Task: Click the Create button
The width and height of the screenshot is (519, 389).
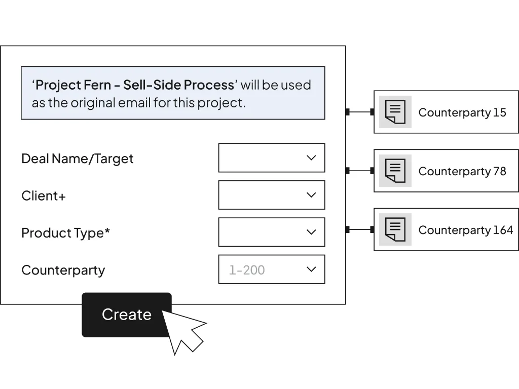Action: click(x=126, y=315)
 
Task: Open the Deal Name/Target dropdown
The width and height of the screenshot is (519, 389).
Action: click(x=272, y=158)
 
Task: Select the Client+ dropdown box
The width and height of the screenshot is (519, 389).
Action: click(x=272, y=195)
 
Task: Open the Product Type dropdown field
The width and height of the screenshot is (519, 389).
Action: click(x=272, y=232)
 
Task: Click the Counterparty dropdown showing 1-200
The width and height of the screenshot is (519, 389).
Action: click(x=272, y=269)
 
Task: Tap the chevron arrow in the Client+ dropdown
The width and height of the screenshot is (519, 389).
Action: click(x=311, y=195)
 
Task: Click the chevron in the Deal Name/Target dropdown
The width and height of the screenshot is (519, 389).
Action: click(x=311, y=158)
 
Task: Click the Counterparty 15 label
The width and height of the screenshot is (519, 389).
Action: click(x=462, y=112)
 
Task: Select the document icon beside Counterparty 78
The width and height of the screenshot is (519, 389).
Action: click(x=395, y=171)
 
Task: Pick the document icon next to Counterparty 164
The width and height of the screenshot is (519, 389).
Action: click(x=395, y=229)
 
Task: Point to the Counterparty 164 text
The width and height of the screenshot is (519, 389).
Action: click(x=466, y=230)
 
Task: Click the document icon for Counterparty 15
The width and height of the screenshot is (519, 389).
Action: click(x=395, y=112)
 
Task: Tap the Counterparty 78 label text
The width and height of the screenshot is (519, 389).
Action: click(x=462, y=171)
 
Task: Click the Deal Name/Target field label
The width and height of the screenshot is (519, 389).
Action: click(x=78, y=159)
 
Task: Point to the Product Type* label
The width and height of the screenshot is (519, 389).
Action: click(x=65, y=233)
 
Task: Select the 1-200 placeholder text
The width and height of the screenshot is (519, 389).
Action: click(x=247, y=270)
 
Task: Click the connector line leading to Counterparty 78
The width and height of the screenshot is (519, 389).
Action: click(x=360, y=171)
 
